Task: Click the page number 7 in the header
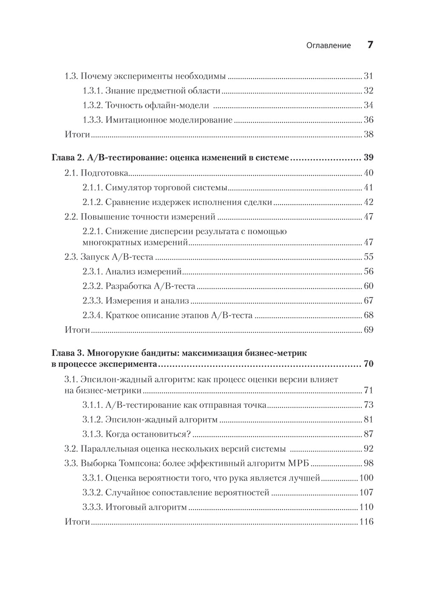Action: click(370, 45)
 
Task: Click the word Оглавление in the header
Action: click(329, 45)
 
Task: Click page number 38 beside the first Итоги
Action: click(368, 135)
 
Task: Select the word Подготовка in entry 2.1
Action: click(105, 173)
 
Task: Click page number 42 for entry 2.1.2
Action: click(368, 202)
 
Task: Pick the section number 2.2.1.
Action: click(92, 231)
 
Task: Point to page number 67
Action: click(368, 301)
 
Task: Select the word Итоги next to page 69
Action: click(77, 330)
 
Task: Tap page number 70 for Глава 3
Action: click(368, 364)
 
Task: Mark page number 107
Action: click(366, 493)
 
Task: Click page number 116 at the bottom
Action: click(366, 521)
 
